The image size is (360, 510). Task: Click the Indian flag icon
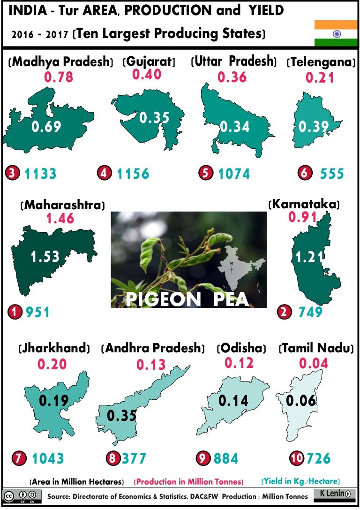pyautogui.click(x=336, y=33)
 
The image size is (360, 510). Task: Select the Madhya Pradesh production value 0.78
pyautogui.click(x=59, y=76)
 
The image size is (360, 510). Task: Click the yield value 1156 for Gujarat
pyautogui.click(x=133, y=174)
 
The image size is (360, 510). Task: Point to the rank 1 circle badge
pyautogui.click(x=16, y=312)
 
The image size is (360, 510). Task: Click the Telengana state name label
pyautogui.click(x=320, y=62)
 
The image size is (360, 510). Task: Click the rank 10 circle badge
pyautogui.click(x=296, y=458)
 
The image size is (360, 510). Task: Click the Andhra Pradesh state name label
pyautogui.click(x=153, y=349)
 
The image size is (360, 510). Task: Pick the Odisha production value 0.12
pyautogui.click(x=239, y=363)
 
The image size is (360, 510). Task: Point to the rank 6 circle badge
pyautogui.click(x=305, y=173)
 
